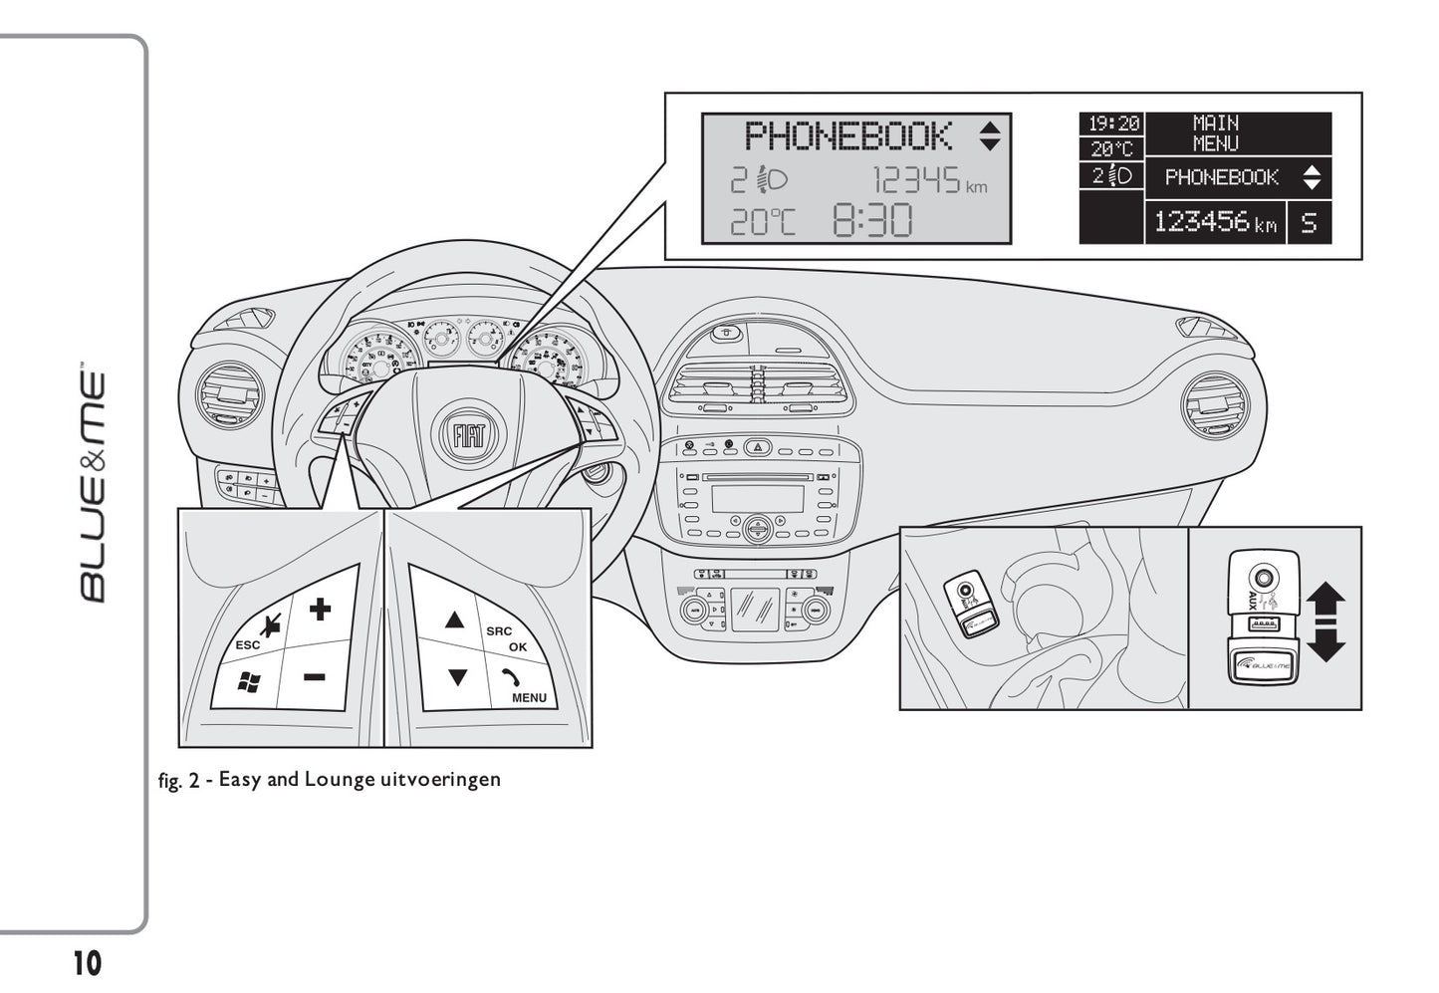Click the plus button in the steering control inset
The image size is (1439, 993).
[x=319, y=609]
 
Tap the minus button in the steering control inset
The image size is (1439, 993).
[x=315, y=677]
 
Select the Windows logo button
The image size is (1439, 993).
[x=248, y=682]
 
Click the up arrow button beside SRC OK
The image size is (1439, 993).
[x=455, y=621]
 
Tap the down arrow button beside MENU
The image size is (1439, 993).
[x=457, y=678]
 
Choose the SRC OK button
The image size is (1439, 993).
[x=508, y=638]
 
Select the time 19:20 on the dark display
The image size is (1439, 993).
[x=1112, y=124]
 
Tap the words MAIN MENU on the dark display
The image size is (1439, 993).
[x=1216, y=133]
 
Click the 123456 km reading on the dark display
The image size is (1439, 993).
[x=1215, y=222]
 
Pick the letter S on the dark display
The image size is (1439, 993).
[x=1309, y=222]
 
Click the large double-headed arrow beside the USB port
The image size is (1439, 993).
[x=1325, y=621]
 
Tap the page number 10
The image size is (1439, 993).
[x=87, y=963]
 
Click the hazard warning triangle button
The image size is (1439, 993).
[x=759, y=447]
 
